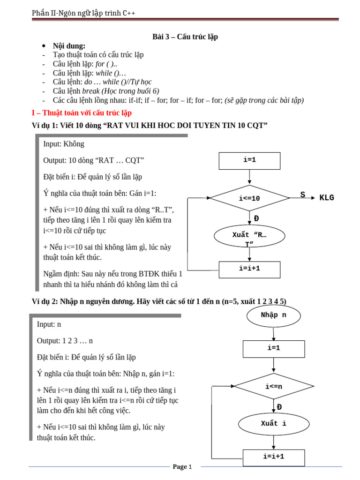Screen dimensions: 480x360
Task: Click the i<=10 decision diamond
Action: coord(249,198)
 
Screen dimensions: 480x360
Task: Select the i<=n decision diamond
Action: coord(274,386)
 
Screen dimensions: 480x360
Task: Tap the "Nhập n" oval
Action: coord(273,315)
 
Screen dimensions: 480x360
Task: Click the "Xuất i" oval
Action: coord(273,424)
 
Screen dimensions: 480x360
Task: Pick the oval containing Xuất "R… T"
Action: coord(249,237)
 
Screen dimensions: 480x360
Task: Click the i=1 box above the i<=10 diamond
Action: coord(249,160)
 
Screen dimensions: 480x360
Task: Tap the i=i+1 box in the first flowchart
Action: coord(249,270)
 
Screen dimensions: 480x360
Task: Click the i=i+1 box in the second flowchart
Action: coord(273,457)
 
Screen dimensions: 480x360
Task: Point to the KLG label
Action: coord(327,197)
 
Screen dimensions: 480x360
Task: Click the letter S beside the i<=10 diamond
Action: coord(303,195)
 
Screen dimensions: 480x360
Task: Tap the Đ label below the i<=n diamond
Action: coord(279,407)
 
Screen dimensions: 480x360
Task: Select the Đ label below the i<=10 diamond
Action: coord(256,218)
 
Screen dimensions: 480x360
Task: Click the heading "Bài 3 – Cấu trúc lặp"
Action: coord(185,37)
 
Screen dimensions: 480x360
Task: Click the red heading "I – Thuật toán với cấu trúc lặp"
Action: coord(82,113)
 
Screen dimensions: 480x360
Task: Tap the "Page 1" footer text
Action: coord(182,466)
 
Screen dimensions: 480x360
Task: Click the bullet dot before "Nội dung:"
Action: coord(44,46)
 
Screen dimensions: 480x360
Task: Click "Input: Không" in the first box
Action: coord(64,144)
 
